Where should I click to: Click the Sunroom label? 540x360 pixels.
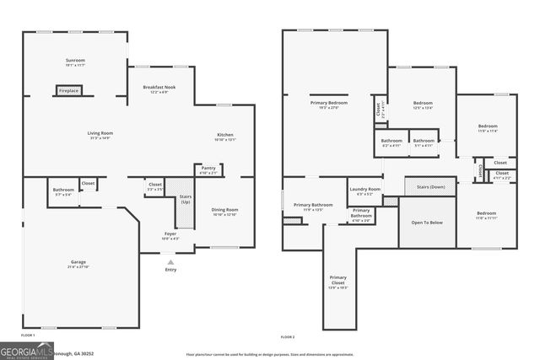(x=75, y=61)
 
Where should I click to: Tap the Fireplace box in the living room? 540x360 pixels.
(x=68, y=90)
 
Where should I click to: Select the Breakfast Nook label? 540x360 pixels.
(x=159, y=87)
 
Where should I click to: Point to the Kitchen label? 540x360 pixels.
(x=225, y=135)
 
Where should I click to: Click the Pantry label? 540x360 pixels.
(x=208, y=168)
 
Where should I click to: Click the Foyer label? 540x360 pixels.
(x=170, y=234)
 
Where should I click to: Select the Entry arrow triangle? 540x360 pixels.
(x=171, y=262)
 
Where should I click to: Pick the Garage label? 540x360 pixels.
(x=78, y=262)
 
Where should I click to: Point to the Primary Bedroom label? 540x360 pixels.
(x=329, y=103)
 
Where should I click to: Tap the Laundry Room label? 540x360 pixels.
(x=364, y=190)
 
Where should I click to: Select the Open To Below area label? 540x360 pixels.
(x=427, y=223)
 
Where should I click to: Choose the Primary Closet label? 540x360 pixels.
(x=337, y=278)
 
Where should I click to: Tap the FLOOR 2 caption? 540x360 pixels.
(x=288, y=336)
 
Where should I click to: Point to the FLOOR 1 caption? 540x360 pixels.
(x=28, y=335)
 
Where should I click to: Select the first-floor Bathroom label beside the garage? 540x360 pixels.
(x=62, y=190)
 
